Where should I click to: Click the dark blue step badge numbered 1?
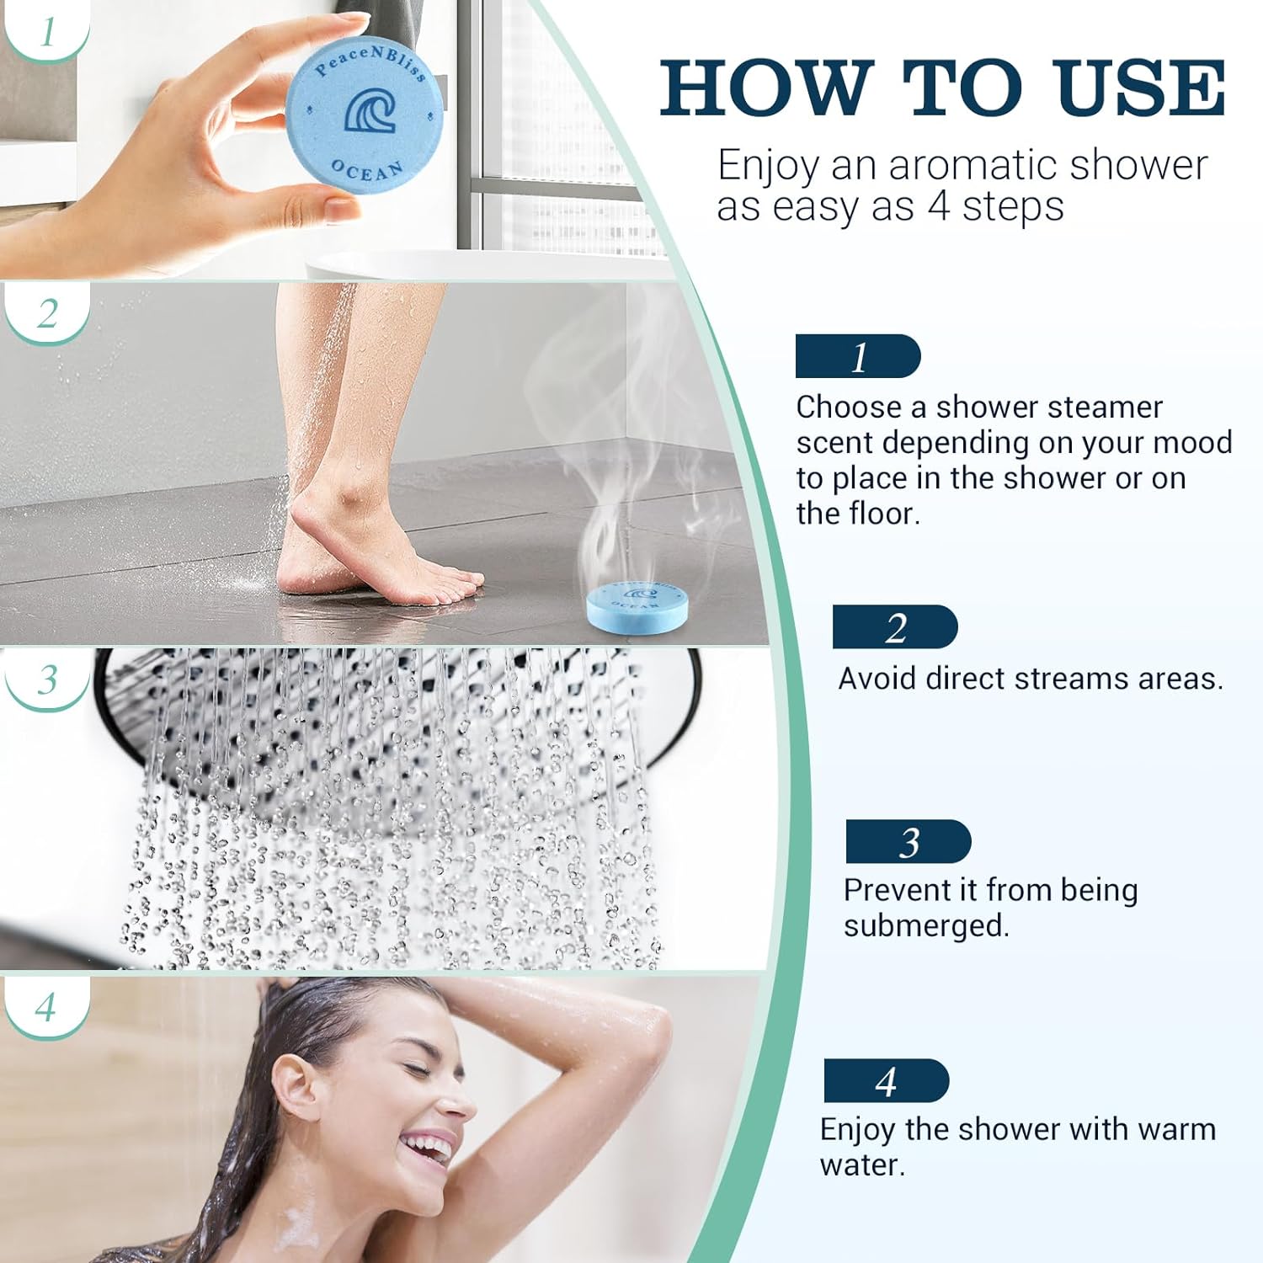point(858,357)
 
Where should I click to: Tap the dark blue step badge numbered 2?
point(895,627)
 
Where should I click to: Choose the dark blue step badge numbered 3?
point(909,842)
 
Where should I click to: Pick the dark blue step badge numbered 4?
point(886,1081)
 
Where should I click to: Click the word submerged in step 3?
point(925,926)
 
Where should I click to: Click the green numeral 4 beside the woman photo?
point(46,1007)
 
